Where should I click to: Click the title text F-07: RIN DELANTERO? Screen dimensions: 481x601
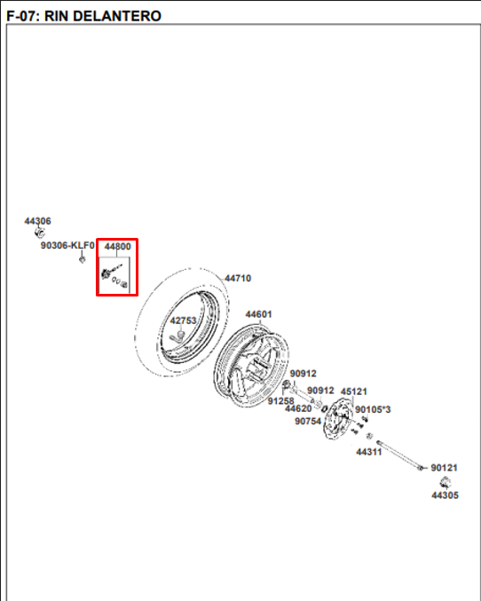click(84, 16)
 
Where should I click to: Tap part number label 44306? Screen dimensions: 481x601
click(37, 221)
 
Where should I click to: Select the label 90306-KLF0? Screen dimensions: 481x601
click(67, 245)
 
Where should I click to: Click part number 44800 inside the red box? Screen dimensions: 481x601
click(118, 247)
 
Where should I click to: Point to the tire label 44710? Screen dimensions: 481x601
click(238, 278)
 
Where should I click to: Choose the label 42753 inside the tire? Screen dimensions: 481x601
click(183, 320)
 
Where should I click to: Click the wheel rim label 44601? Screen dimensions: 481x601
click(259, 314)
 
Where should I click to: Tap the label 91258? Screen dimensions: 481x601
click(281, 401)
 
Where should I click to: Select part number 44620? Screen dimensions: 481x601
click(298, 409)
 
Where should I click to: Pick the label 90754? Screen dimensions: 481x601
click(308, 422)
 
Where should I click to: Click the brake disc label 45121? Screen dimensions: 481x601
click(354, 391)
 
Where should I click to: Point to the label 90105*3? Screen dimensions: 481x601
click(373, 410)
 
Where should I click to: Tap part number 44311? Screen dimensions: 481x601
click(369, 452)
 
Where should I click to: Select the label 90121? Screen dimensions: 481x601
click(445, 468)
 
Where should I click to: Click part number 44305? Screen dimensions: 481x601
click(445, 495)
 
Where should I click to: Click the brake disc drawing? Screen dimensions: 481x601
click(337, 418)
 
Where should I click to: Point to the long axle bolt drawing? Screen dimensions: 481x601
click(399, 455)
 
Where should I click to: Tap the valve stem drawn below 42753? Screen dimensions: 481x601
click(177, 336)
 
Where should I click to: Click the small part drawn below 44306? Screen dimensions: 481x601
click(40, 233)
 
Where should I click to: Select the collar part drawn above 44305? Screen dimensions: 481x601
click(445, 482)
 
